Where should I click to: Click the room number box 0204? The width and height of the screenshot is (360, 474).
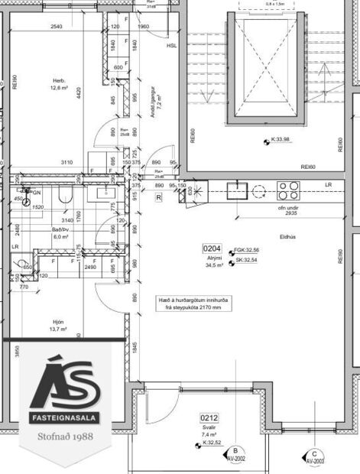click(212, 248)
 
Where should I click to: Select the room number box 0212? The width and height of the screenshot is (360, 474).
click(210, 417)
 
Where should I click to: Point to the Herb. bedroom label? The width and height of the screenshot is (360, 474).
click(59, 80)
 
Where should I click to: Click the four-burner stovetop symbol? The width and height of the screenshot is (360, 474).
click(288, 190)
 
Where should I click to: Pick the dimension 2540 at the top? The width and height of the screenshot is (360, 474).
click(55, 27)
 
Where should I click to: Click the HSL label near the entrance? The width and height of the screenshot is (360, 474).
click(171, 45)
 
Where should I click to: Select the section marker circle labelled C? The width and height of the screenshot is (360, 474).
click(314, 453)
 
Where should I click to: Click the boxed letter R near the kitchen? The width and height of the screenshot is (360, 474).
click(158, 196)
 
